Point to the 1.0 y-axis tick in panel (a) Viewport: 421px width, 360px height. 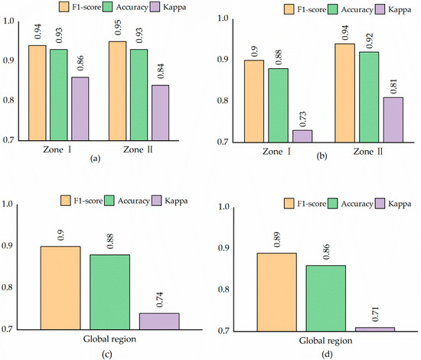coord(8,20)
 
